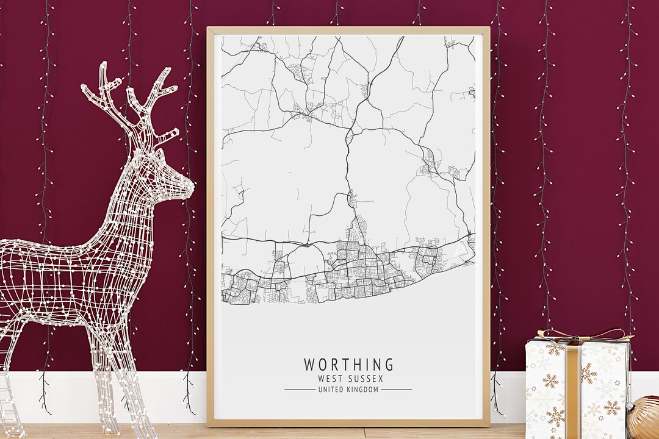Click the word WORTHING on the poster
point(349,365)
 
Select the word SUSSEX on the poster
point(363,379)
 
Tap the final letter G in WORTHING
point(389,365)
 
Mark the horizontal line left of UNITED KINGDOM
point(300,390)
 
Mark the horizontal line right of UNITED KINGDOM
point(397,390)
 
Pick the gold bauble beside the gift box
point(646,418)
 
